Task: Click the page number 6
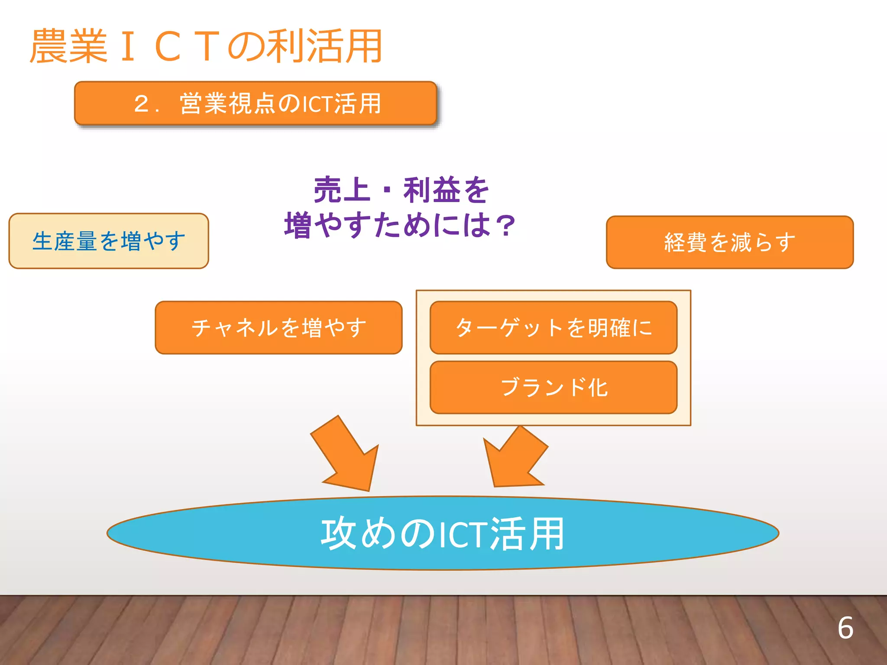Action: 845,628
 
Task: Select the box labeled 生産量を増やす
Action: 109,241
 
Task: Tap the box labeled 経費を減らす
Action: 729,242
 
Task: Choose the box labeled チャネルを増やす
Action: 278,328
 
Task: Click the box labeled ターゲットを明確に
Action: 553,328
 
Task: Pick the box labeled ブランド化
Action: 553,387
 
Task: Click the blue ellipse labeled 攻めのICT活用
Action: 443,533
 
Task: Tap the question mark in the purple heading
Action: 505,226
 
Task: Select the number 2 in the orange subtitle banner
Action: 142,104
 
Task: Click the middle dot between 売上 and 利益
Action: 387,191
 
